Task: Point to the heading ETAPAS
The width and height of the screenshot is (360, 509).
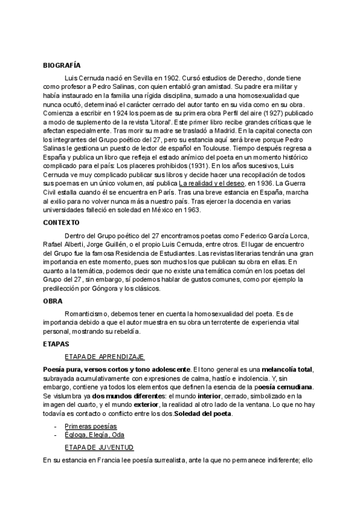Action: coord(56,344)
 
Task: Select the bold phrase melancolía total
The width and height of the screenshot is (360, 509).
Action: coord(283,369)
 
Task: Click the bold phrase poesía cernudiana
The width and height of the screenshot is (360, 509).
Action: coord(283,387)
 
